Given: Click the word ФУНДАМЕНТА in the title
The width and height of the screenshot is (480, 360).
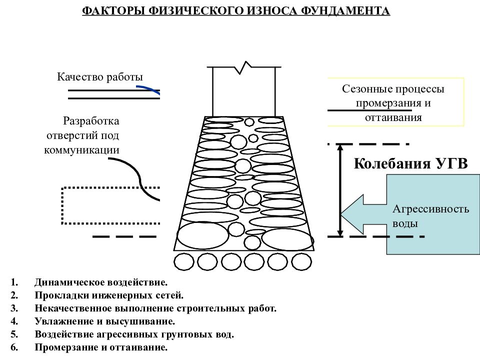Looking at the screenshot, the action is (x=345, y=10).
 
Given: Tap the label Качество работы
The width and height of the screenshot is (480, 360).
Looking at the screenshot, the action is (x=100, y=77).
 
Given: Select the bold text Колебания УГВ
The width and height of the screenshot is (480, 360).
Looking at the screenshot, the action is (x=411, y=163).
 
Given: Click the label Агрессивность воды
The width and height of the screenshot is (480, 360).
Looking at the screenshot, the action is (x=430, y=216).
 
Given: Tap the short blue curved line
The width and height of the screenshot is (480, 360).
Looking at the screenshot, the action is (x=148, y=89).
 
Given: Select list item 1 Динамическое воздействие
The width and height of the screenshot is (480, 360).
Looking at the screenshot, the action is (x=101, y=282).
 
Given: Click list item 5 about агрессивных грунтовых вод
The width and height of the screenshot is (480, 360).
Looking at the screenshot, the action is (x=134, y=334).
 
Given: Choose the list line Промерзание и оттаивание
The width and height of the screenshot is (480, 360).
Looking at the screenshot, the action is (x=101, y=347).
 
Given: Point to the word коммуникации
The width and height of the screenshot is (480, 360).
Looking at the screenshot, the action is (x=81, y=150).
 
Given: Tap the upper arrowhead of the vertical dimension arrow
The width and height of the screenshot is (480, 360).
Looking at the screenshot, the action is (x=340, y=148).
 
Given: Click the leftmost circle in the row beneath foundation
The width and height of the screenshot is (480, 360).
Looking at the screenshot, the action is (x=184, y=262).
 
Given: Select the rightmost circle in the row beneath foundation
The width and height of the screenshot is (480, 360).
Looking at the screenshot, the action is (x=301, y=262).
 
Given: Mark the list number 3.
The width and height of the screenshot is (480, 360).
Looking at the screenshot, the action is (x=14, y=308).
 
